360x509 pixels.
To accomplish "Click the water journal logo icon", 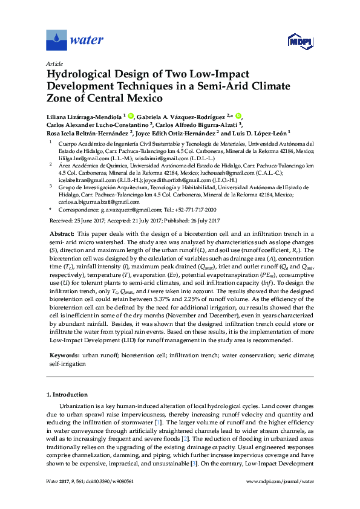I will point(56,41).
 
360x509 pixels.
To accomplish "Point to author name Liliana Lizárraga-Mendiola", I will point(83,116).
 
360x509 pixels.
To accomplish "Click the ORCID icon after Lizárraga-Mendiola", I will point(131,115).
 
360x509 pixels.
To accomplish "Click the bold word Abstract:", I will point(61,233).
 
